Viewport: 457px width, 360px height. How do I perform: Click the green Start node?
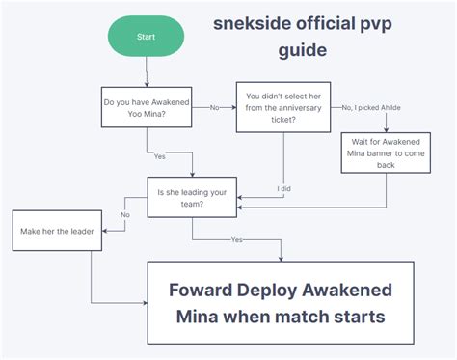pyautogui.click(x=146, y=36)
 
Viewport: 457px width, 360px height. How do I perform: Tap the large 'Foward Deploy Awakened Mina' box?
pyautogui.click(x=280, y=302)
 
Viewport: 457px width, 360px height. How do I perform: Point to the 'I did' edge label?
pyautogui.click(x=284, y=188)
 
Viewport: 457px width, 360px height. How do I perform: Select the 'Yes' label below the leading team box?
pyautogui.click(x=237, y=238)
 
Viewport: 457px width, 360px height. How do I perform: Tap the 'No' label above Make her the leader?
pyautogui.click(x=125, y=214)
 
